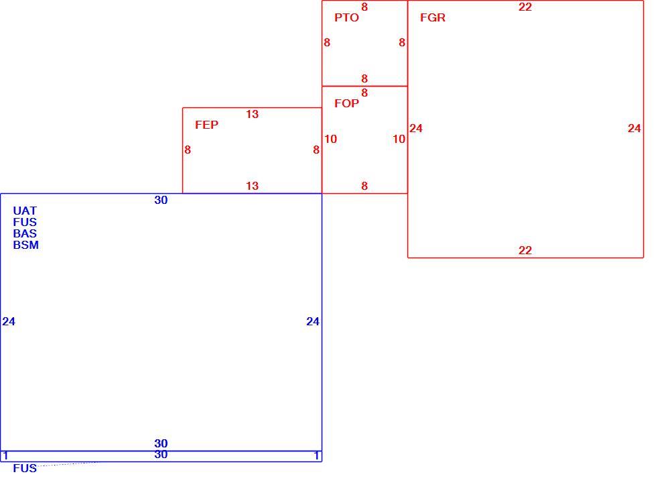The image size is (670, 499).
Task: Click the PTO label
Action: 346,17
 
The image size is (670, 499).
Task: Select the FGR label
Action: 432,17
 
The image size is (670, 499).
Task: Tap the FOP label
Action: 346,103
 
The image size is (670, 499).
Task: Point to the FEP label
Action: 207,125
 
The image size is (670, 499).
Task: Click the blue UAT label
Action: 25,211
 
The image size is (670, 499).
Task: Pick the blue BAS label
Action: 25,233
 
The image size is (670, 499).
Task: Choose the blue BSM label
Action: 25,245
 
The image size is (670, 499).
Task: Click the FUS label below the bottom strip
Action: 25,468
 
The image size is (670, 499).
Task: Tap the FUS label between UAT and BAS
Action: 25,223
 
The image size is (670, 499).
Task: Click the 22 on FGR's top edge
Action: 525,7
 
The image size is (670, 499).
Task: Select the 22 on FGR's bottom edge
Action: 525,250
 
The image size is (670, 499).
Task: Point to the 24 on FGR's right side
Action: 634,128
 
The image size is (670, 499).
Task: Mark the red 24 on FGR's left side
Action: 416,128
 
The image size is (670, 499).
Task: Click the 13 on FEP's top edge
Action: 252,114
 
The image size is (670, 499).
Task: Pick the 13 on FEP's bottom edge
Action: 252,186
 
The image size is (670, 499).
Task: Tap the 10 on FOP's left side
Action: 330,139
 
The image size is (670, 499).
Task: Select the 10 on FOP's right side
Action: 399,139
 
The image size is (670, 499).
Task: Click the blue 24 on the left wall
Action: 9,321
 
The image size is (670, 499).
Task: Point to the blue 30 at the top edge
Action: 161,200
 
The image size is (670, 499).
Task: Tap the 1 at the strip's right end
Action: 316,456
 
